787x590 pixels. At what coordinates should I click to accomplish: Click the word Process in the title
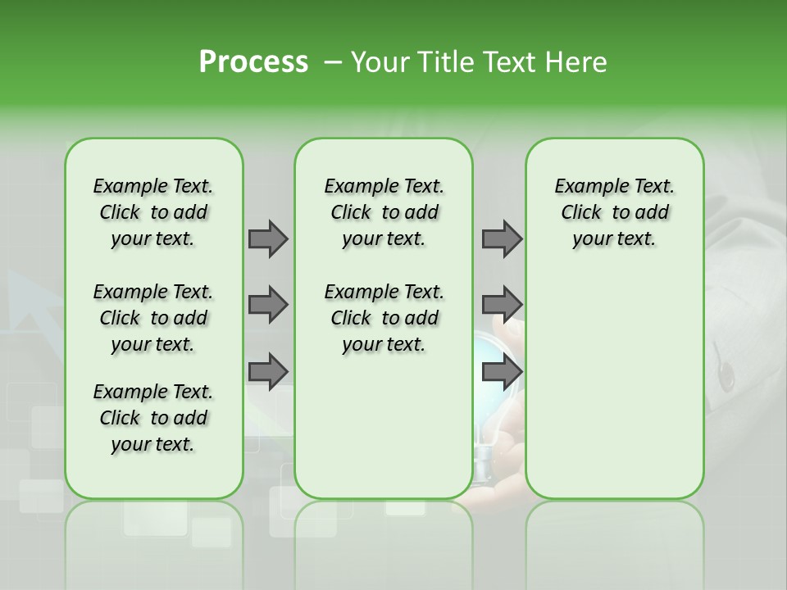(x=253, y=62)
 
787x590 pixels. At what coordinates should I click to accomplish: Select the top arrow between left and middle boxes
(x=268, y=238)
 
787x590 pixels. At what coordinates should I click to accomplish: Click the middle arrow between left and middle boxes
(x=268, y=305)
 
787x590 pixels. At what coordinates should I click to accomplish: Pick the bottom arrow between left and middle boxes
(x=268, y=371)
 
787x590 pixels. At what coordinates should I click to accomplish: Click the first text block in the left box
(x=153, y=212)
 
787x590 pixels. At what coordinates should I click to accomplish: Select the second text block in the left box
(x=153, y=318)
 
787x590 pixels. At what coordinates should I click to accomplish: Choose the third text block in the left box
(x=153, y=418)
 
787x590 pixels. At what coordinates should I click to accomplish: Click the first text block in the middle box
(x=384, y=212)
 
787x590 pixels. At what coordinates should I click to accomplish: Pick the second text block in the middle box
(x=384, y=318)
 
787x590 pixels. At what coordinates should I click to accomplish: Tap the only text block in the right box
(x=614, y=212)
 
